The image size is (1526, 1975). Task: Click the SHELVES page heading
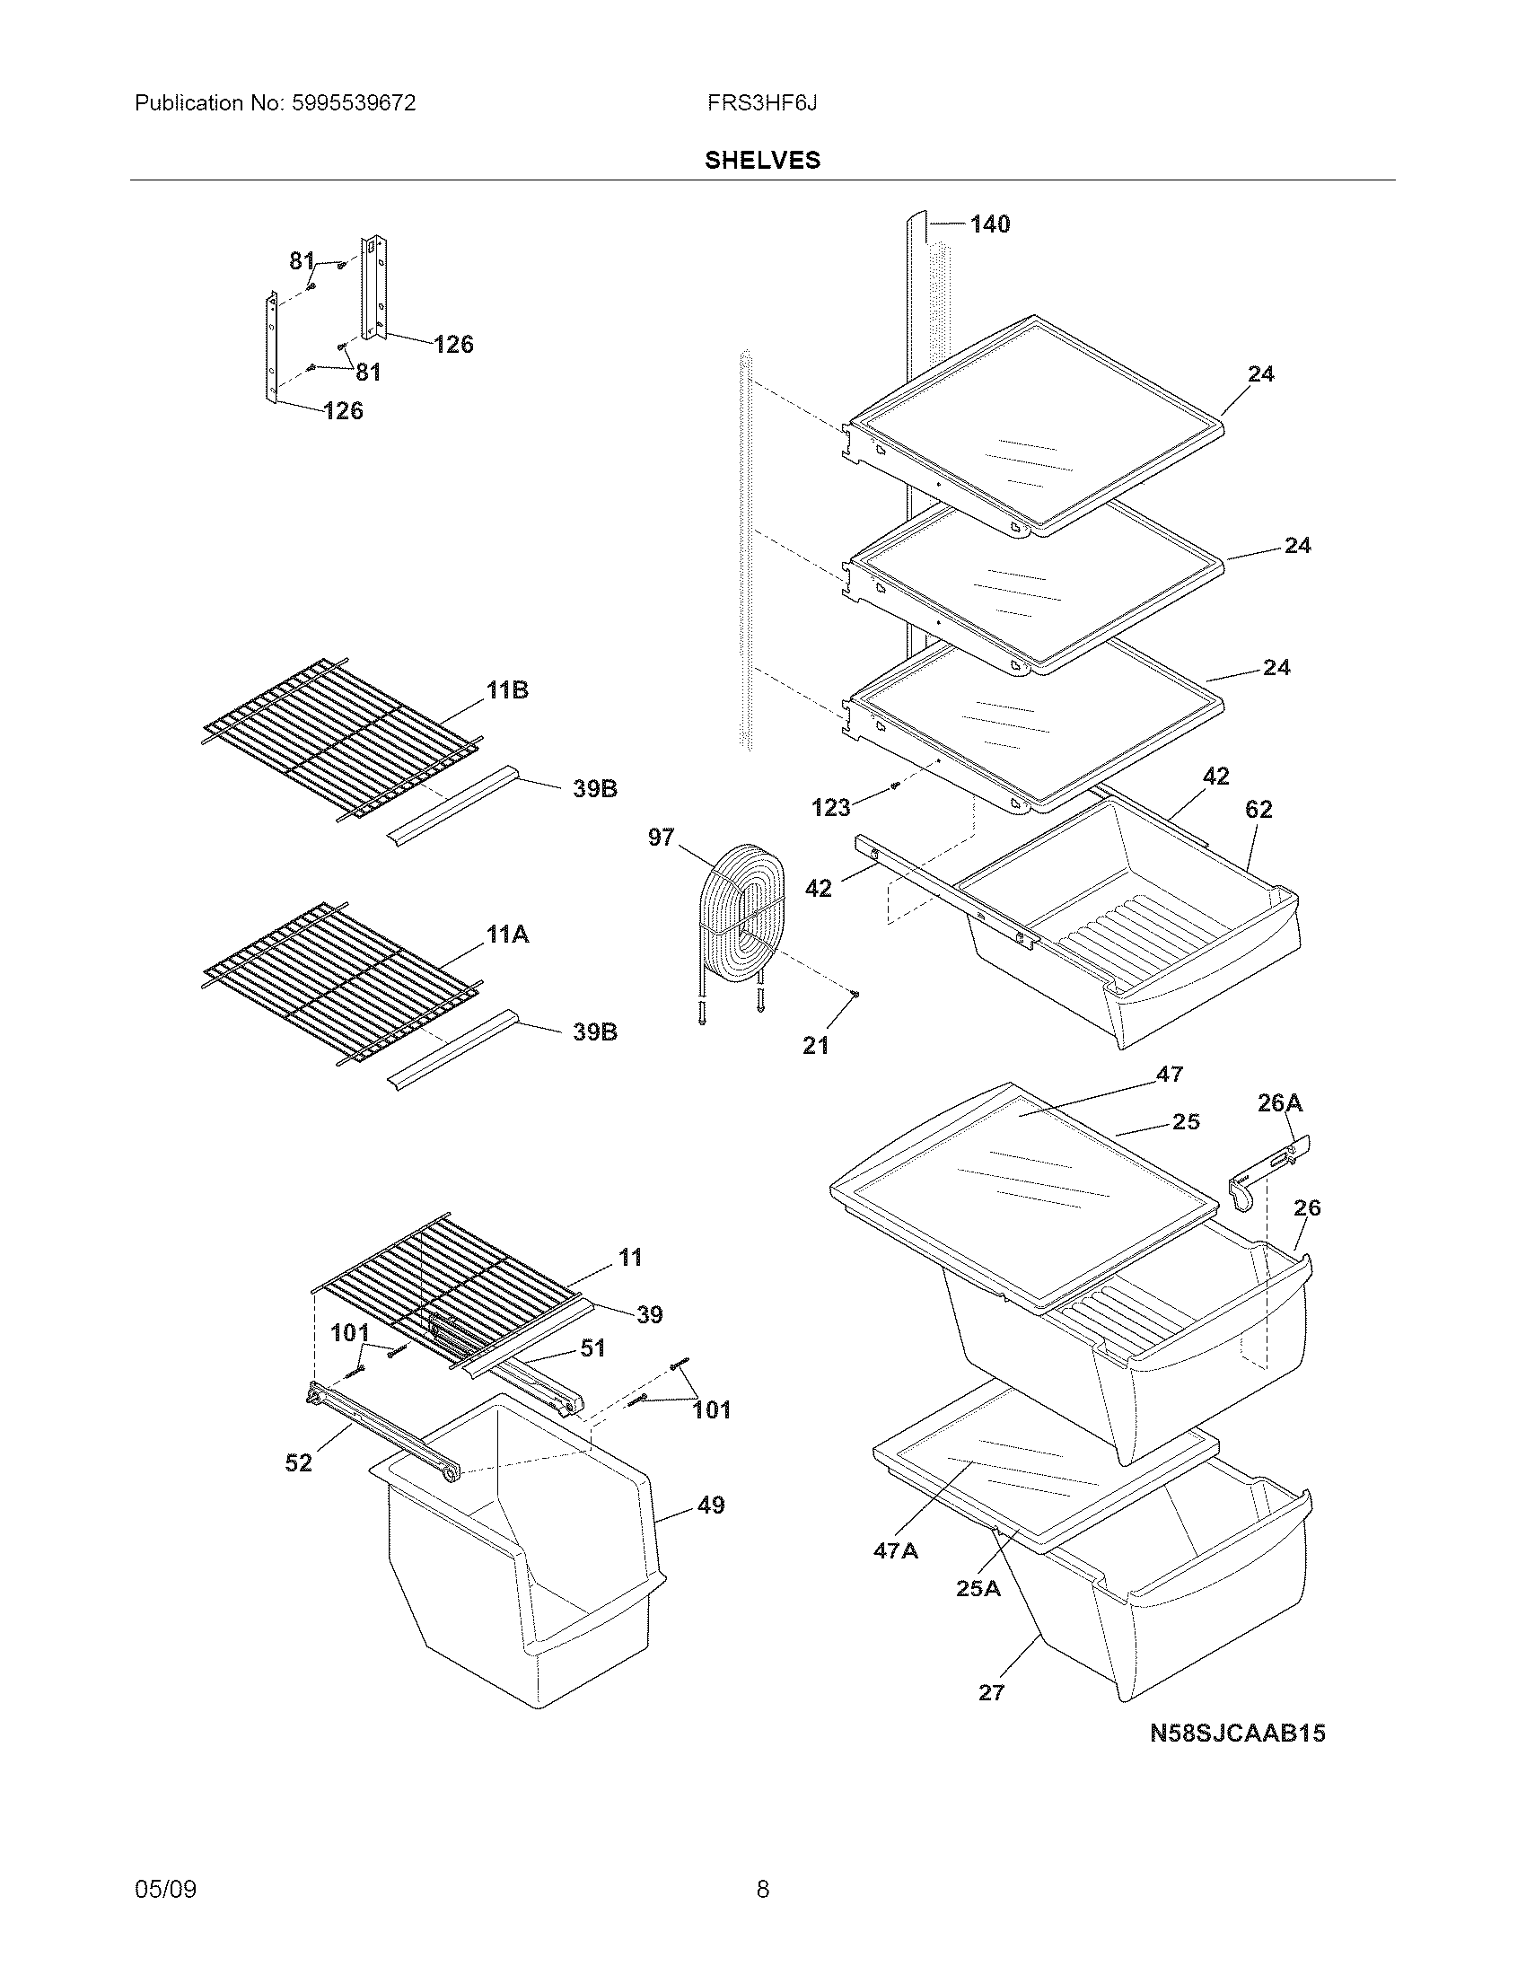(x=762, y=160)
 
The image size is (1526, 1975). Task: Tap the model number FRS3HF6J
(x=762, y=103)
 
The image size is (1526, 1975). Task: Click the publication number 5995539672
(x=355, y=103)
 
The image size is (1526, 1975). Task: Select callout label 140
(x=990, y=224)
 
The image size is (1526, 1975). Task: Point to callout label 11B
(x=507, y=690)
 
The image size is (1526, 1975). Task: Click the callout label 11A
(x=507, y=935)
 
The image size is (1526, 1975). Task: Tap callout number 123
(x=831, y=807)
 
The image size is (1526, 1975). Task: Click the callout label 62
(x=1259, y=810)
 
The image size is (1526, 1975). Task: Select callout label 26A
(x=1280, y=1102)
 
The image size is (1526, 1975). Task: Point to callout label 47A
(x=895, y=1550)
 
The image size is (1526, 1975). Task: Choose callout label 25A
(x=978, y=1588)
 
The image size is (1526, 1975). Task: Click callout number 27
(x=992, y=1692)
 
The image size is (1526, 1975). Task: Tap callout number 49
(x=711, y=1505)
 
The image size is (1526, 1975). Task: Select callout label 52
(x=298, y=1462)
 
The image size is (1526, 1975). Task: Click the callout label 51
(x=592, y=1348)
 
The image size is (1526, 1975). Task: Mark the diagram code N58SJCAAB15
(x=1237, y=1733)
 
